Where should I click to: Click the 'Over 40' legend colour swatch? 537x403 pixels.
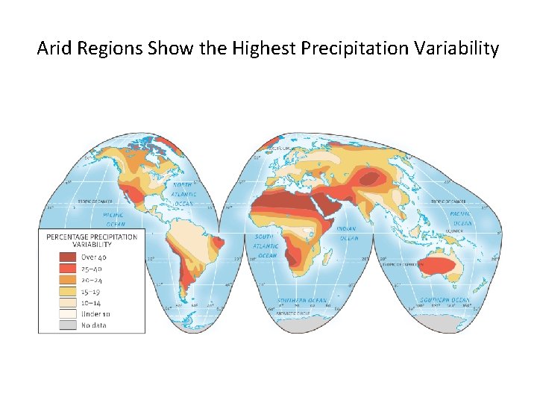(x=69, y=257)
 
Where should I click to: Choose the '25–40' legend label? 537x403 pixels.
(x=93, y=269)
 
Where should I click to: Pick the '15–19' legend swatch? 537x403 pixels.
(x=69, y=291)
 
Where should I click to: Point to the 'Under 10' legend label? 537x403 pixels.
(x=96, y=313)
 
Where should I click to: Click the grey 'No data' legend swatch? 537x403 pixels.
(x=69, y=325)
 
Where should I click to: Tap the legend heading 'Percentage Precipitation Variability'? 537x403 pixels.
(x=92, y=240)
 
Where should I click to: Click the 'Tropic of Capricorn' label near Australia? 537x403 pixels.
(x=403, y=263)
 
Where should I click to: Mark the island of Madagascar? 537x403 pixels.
(x=338, y=257)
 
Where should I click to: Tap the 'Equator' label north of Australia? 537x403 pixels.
(x=456, y=231)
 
